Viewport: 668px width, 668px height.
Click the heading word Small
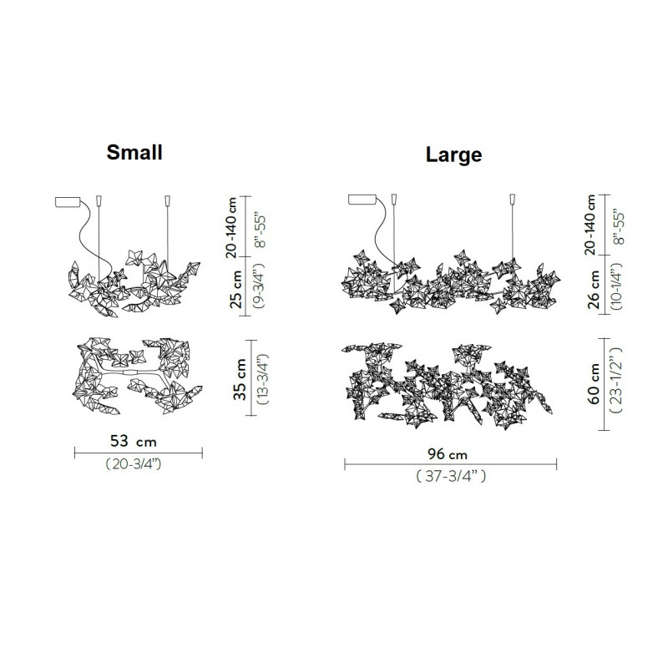pyautogui.click(x=134, y=152)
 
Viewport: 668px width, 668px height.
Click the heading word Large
pyautogui.click(x=453, y=154)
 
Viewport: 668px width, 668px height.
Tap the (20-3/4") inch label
pyautogui.click(x=136, y=464)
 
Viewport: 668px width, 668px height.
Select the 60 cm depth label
pyautogui.click(x=595, y=383)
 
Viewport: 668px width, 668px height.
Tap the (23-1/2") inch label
pyautogui.click(x=619, y=383)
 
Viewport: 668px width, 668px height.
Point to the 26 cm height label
pyautogui.click(x=595, y=289)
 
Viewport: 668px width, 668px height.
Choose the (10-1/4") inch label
pyautogui.click(x=617, y=289)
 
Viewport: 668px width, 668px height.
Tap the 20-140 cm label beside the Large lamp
pyautogui.click(x=595, y=222)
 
